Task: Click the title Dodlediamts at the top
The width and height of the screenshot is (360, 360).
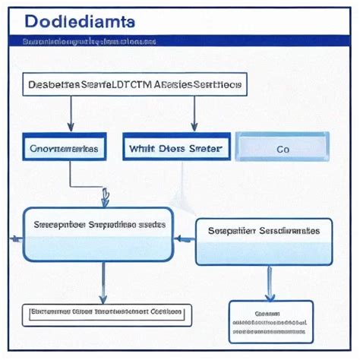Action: [80, 22]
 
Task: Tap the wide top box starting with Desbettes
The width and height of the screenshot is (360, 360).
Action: [134, 86]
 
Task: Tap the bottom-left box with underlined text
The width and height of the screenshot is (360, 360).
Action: [106, 312]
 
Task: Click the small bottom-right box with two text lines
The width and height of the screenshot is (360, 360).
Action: [270, 321]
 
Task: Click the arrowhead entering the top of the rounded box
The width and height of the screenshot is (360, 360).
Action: [106, 199]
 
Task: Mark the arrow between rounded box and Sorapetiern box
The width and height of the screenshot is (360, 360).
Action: [184, 238]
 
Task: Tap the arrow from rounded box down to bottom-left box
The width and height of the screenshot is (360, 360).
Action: [103, 281]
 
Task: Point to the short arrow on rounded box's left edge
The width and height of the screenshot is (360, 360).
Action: [16, 238]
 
